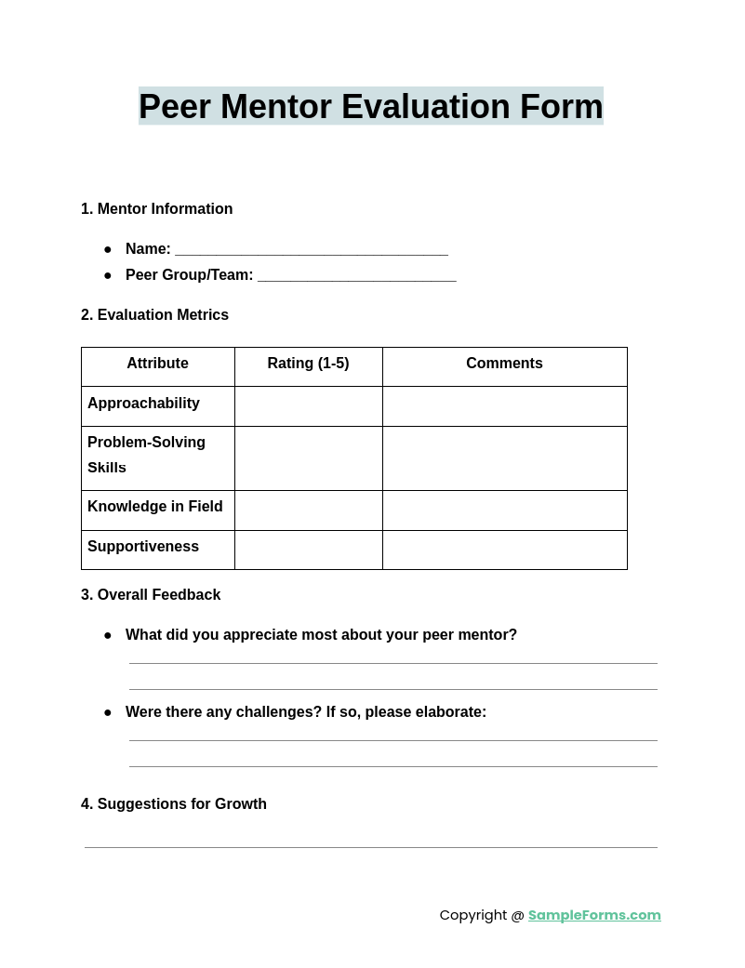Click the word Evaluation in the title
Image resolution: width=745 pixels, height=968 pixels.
[x=425, y=107]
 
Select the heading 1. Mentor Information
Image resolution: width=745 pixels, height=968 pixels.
[x=156, y=209]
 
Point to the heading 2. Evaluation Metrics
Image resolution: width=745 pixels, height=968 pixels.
[x=154, y=315]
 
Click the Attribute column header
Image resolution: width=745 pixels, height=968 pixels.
[x=157, y=364]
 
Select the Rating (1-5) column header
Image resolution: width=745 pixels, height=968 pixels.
[x=308, y=364]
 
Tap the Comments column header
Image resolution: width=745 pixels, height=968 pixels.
[x=504, y=364]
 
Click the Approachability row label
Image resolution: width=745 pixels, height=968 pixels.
[x=143, y=404]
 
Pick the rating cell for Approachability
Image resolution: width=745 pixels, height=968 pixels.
[x=308, y=406]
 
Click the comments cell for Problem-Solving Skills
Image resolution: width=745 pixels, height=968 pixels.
[x=504, y=458]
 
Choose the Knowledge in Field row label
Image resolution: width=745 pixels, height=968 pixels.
[x=155, y=507]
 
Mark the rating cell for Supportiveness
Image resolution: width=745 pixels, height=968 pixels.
[x=308, y=550]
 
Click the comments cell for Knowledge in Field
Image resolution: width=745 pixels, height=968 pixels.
[x=504, y=511]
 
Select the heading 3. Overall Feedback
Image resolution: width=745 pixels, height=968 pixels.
[x=151, y=595]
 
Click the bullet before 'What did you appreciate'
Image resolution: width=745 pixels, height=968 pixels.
[x=108, y=636]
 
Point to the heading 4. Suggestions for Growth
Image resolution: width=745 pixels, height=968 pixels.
[x=174, y=804]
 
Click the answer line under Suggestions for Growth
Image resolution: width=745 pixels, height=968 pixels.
[x=370, y=845]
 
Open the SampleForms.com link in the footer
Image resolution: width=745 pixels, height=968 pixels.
[x=594, y=915]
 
